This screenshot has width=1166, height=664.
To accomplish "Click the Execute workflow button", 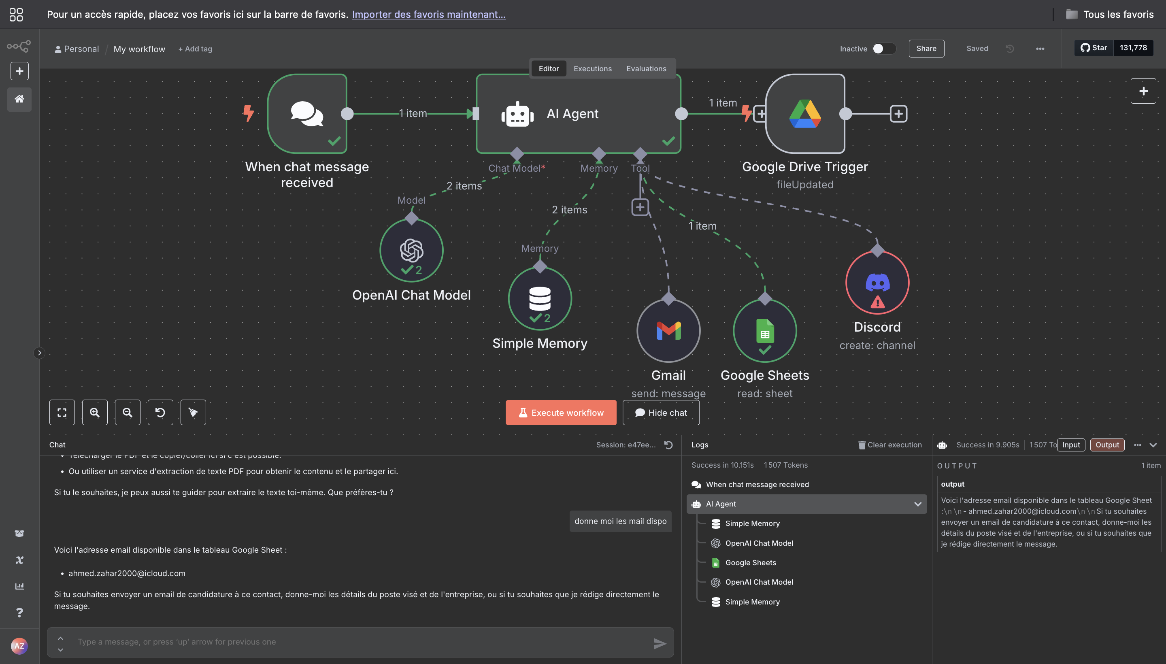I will pyautogui.click(x=560, y=413).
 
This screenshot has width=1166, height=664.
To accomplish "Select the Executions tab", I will pyautogui.click(x=592, y=68).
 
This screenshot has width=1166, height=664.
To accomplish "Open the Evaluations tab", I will pyautogui.click(x=646, y=68).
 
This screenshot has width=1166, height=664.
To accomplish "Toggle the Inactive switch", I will pyautogui.click(x=883, y=49).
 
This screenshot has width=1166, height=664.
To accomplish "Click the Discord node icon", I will pyautogui.click(x=877, y=283).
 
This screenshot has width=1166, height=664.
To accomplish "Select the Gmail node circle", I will pyautogui.click(x=668, y=331).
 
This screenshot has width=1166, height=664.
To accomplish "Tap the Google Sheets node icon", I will pyautogui.click(x=765, y=331).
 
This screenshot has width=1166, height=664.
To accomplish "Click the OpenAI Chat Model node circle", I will pyautogui.click(x=411, y=250).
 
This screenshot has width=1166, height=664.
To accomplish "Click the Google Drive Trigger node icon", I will pyautogui.click(x=805, y=113).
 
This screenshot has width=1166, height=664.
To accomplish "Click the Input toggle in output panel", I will pyautogui.click(x=1071, y=445).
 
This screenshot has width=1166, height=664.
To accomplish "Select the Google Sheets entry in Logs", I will pyautogui.click(x=750, y=562).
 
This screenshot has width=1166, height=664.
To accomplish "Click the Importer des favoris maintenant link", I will pyautogui.click(x=429, y=14).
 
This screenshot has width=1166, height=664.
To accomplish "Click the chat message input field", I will pyautogui.click(x=360, y=642).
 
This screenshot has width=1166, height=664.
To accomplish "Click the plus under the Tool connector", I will pyautogui.click(x=640, y=207).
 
